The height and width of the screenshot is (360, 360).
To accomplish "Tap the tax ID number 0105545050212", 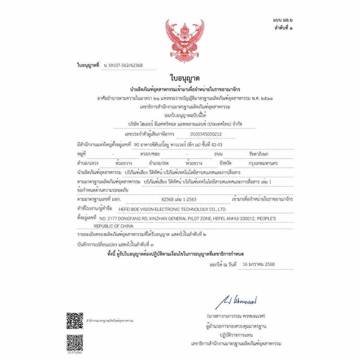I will click(206, 134).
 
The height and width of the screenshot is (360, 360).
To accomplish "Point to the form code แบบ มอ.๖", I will click(282, 21).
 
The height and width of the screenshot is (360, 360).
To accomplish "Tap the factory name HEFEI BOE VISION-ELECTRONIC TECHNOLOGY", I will click(173, 209).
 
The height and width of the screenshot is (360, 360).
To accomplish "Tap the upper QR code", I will click(75, 321).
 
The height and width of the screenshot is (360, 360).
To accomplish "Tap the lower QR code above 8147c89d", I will click(75, 342).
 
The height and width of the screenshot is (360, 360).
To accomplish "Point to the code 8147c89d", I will click(75, 352).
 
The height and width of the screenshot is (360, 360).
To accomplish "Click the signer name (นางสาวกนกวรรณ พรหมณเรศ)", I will click(236, 316).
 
